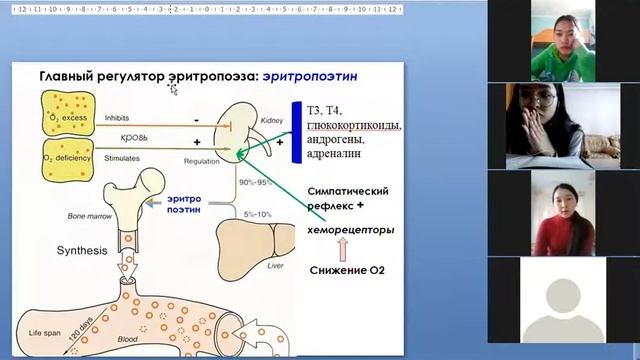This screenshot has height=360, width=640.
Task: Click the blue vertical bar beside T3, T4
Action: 296,132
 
